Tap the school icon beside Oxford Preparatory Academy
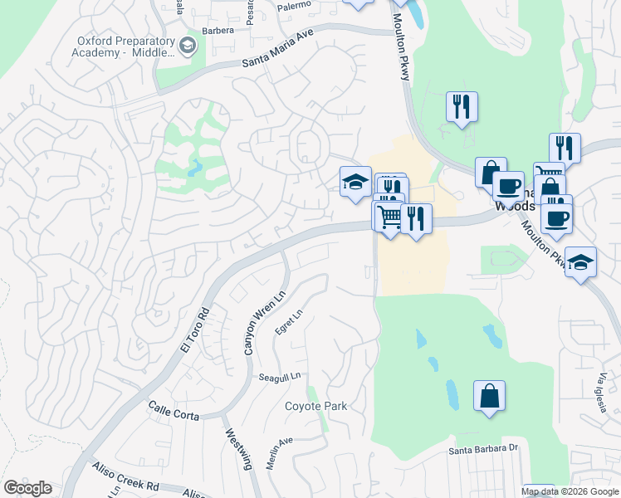click(188, 46)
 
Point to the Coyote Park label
click(315, 406)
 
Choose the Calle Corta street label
click(174, 411)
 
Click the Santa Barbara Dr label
click(483, 451)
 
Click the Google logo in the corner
click(27, 488)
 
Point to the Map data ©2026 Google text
click(570, 491)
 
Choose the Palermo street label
click(293, 5)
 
